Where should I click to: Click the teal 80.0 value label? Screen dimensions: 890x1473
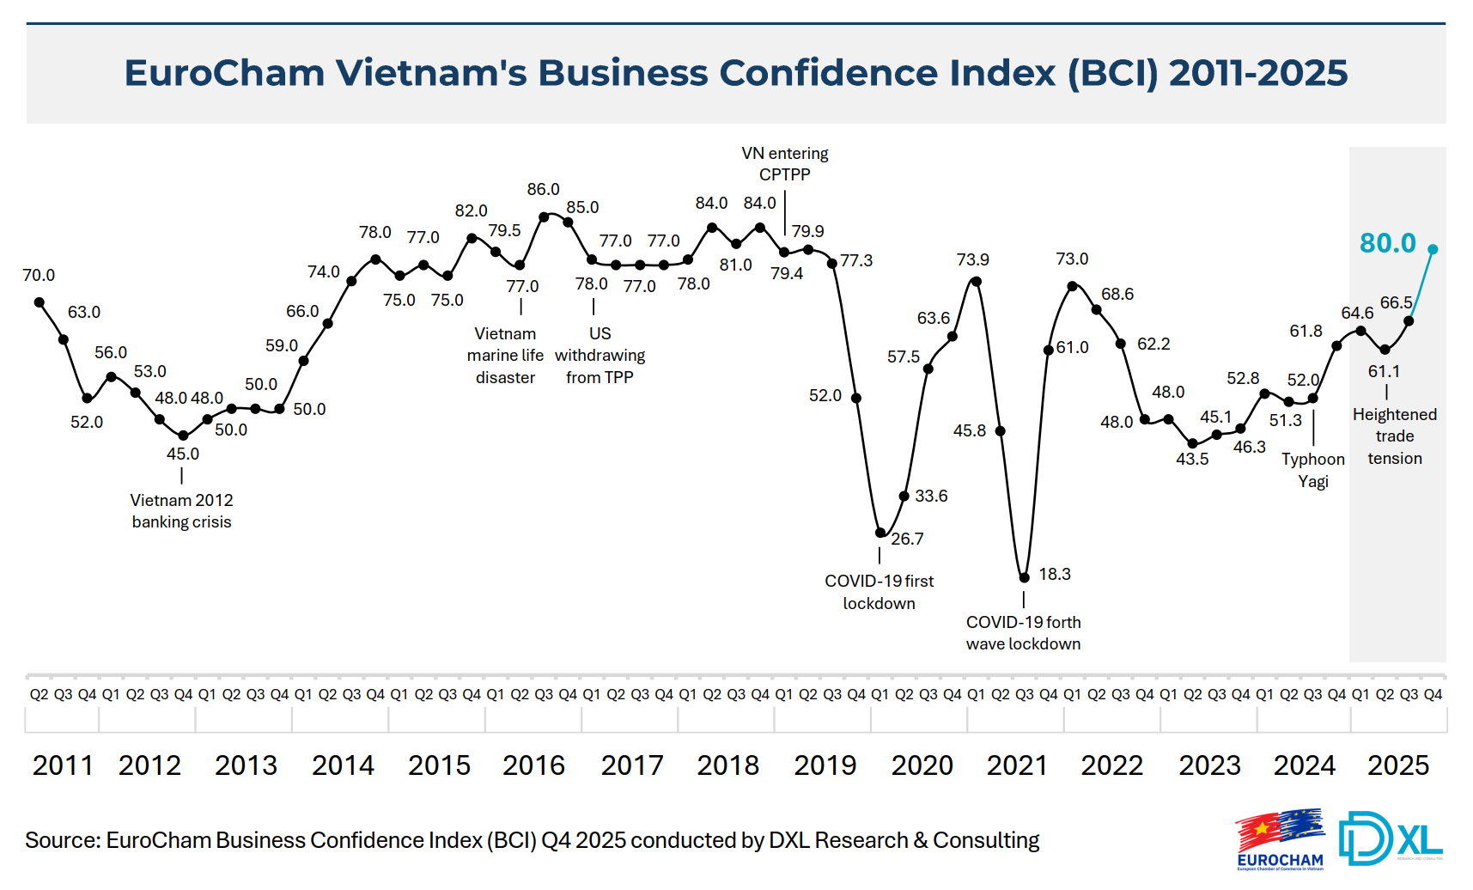1387,243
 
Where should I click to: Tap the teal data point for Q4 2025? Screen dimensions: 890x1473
1433,249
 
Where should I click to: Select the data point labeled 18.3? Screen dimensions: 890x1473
1024,577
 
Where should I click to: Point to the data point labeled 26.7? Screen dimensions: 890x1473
880,533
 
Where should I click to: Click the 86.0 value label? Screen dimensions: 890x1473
543,189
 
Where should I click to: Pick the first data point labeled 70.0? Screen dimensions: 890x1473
40,302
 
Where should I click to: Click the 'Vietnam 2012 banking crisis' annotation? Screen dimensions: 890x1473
181,511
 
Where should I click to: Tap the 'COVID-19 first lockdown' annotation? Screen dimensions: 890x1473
879,592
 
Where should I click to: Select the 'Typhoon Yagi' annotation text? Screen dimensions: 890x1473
1312,470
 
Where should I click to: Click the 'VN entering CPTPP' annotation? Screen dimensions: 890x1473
785,163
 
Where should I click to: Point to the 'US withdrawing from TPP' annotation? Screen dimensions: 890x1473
600,356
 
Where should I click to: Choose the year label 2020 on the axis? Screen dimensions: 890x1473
922,765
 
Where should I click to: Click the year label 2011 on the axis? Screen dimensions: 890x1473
63,765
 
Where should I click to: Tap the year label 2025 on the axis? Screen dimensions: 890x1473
1397,765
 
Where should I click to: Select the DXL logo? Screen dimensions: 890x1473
1390,838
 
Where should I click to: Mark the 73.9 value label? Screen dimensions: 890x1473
972,259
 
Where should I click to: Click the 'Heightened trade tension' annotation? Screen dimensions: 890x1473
1394,436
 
